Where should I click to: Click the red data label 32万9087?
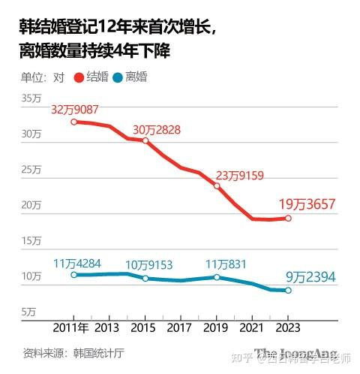(75, 110)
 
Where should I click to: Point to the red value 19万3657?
(306, 204)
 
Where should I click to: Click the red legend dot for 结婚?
(80, 77)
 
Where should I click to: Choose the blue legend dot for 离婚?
(118, 77)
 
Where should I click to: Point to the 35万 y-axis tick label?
(31, 98)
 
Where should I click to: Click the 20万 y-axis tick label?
(31, 205)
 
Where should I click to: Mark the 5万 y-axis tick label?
(28, 312)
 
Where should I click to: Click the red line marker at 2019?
(217, 185)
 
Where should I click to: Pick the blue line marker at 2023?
(288, 291)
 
